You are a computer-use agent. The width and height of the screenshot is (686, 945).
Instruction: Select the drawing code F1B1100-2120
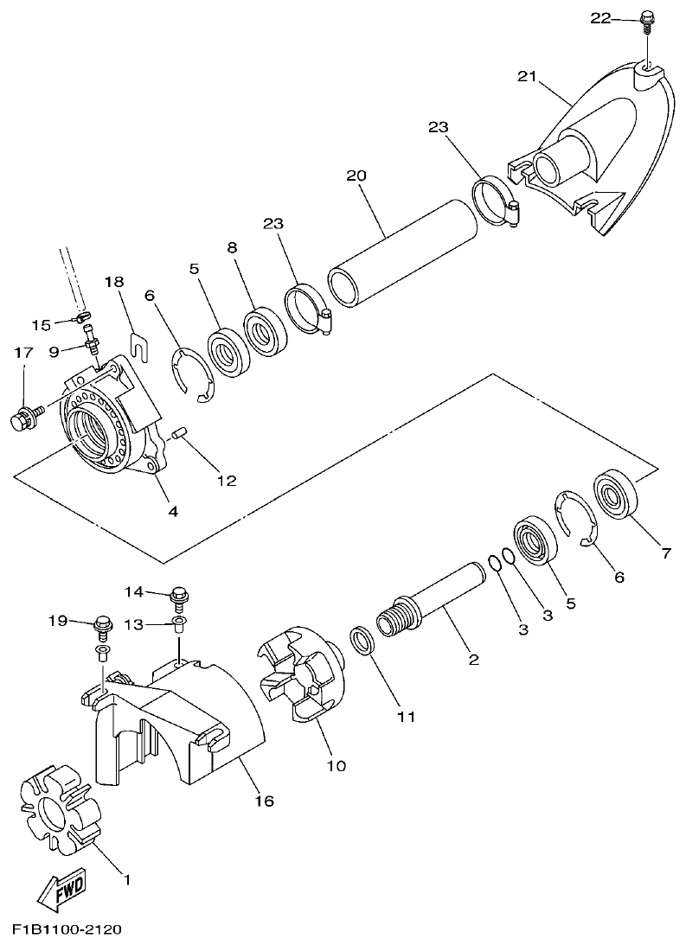[x=67, y=930]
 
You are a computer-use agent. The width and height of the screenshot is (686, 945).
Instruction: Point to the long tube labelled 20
[x=402, y=255]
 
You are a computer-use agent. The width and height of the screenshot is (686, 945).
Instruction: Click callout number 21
[x=527, y=76]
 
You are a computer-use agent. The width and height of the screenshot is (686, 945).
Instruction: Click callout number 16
[x=264, y=801]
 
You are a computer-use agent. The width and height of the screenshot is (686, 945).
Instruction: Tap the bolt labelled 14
[x=181, y=595]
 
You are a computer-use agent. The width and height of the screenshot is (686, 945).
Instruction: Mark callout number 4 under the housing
[x=173, y=511]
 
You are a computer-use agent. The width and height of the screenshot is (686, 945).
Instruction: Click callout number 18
[x=115, y=282]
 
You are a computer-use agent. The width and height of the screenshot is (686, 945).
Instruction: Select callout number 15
[x=42, y=324]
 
